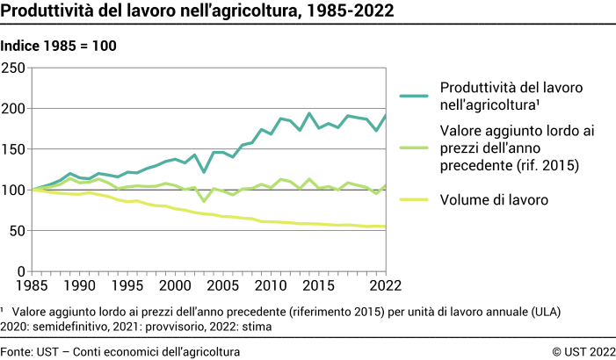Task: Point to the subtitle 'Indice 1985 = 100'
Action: [58, 46]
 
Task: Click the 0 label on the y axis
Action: [22, 271]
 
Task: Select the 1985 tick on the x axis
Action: [33, 285]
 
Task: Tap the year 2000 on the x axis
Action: [175, 285]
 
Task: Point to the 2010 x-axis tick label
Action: [271, 285]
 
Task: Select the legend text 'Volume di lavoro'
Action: [494, 200]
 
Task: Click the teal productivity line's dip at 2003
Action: [204, 171]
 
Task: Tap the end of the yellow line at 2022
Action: [385, 227]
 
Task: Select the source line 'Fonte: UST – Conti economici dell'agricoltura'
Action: [120, 351]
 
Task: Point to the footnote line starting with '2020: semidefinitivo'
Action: [136, 326]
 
